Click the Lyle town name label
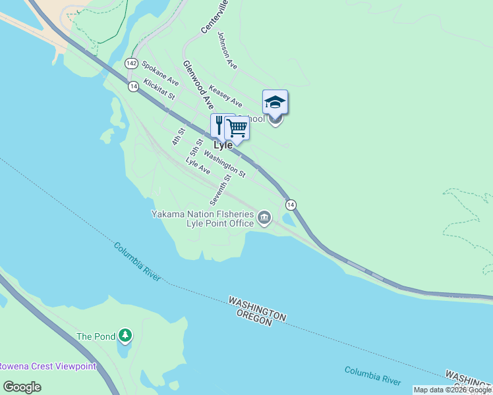pos(223,145)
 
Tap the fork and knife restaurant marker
pos(219,125)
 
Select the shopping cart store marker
pos(237,127)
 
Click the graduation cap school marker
pos(275,103)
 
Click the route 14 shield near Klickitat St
pos(134,87)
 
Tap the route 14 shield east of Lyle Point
pos(291,205)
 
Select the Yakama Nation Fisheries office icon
pos(264,217)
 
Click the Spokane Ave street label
pos(160,73)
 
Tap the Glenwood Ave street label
pos(198,85)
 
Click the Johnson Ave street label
pos(227,51)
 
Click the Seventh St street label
pos(219,188)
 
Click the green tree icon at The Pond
pos(125,336)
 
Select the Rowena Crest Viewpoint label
pos(47,367)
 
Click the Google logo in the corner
pos(22,386)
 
